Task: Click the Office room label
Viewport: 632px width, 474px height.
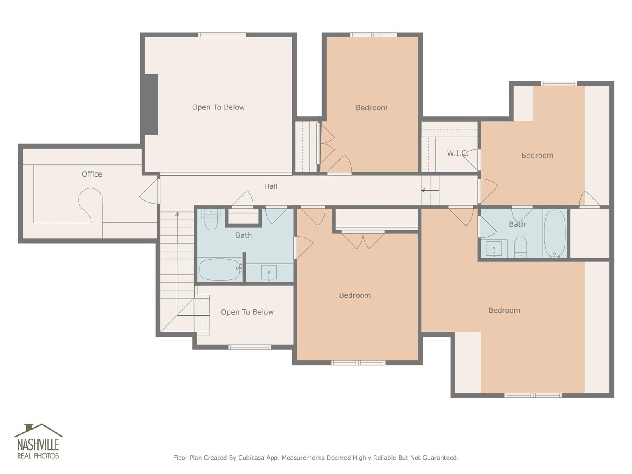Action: (92, 174)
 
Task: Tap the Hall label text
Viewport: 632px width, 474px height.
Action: (271, 186)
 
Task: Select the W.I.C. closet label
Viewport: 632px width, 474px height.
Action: (458, 153)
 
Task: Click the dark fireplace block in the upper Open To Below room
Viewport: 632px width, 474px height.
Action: (151, 105)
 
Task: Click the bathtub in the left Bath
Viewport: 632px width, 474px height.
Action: (221, 269)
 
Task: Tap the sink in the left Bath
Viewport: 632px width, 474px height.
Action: (269, 272)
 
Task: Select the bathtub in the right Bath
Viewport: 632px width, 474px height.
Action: (555, 234)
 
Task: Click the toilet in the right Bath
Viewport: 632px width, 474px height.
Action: (520, 247)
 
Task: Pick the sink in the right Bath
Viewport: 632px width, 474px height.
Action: (494, 249)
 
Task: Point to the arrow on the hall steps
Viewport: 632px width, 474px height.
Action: (430, 190)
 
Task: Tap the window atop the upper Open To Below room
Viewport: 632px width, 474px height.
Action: (222, 35)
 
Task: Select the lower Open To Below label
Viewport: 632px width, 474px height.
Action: (247, 312)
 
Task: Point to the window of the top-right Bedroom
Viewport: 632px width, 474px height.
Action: (559, 84)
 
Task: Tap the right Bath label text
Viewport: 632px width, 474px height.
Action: (517, 224)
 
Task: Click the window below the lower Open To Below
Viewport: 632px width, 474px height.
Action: (250, 347)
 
